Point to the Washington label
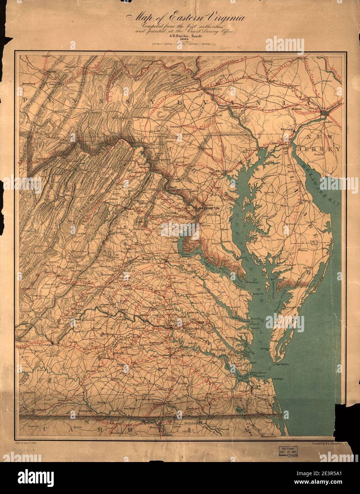coord(210,208)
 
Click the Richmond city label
coord(172,325)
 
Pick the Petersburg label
coord(170,357)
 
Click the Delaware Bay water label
coord(320,185)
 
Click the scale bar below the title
coord(185,44)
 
